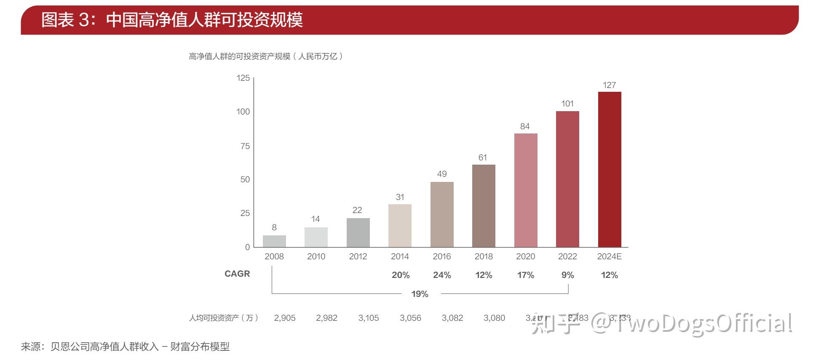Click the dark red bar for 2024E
point(609,169)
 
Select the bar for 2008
point(274,241)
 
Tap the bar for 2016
point(442,214)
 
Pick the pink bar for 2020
point(525,190)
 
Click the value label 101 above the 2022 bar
point(567,104)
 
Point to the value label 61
point(483,157)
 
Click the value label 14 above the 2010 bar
point(316,219)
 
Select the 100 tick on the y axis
point(243,112)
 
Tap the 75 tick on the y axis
point(245,146)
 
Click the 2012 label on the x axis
point(358,256)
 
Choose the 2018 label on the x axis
point(484,256)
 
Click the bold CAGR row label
point(237,274)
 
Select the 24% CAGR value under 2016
point(442,275)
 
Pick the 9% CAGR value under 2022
point(567,275)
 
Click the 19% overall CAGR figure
point(420,294)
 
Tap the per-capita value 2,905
point(285,318)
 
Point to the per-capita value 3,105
point(369,318)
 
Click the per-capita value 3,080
point(494,318)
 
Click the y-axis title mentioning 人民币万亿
point(266,56)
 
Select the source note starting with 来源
point(126,347)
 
